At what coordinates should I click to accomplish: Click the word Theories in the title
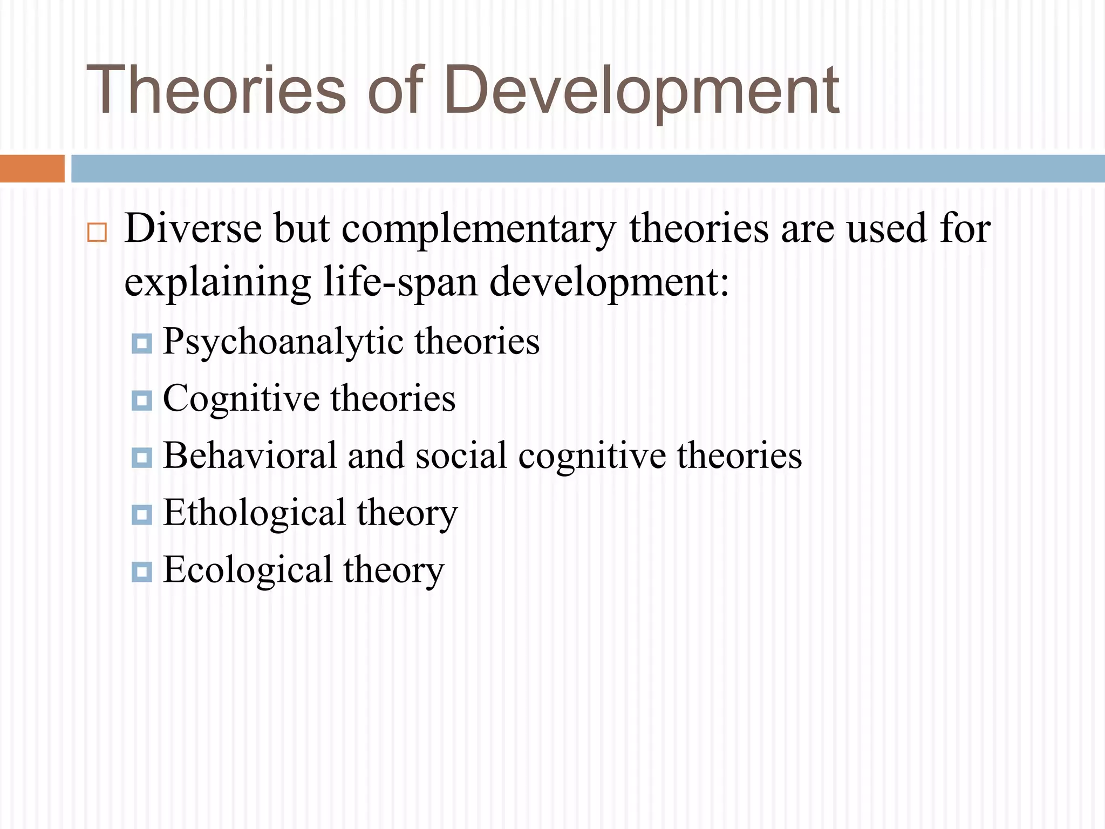(x=216, y=90)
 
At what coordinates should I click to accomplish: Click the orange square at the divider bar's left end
(x=32, y=168)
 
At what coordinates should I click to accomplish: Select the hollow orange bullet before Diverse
(x=97, y=233)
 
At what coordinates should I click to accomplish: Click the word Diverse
(x=193, y=228)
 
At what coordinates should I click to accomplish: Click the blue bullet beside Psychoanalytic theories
(x=142, y=343)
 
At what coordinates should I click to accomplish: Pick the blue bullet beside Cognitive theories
(x=142, y=400)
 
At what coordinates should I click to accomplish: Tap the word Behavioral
(x=250, y=456)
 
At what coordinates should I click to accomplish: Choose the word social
(x=461, y=456)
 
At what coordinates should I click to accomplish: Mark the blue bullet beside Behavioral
(x=142, y=458)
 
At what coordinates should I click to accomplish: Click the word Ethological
(x=254, y=513)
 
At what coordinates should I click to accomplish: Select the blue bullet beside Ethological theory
(x=142, y=515)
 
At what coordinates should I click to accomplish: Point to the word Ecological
(x=248, y=570)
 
